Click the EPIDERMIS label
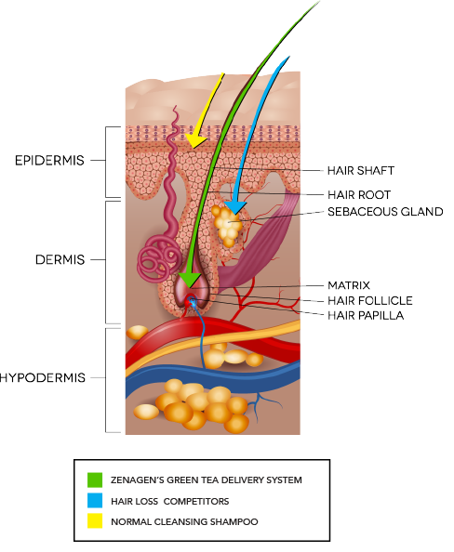49,161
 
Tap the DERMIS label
60,260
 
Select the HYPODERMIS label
43,377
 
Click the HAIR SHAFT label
361,171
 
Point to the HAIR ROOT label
359,194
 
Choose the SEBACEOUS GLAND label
385,212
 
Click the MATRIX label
349,285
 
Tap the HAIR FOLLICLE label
369,301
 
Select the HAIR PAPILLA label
366,315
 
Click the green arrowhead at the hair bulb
189,279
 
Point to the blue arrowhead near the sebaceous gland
235,207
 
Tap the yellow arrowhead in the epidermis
195,140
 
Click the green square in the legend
95,480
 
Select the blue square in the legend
95,500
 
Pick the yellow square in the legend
95,520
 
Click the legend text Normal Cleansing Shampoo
184,521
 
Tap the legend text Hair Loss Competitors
170,501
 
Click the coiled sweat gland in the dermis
158,260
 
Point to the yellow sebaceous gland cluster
227,225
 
